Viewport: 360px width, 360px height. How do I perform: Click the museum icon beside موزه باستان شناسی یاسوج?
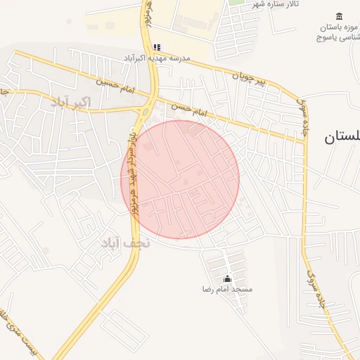pyautogui.click(x=340, y=17)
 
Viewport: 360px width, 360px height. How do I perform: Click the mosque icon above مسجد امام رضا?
pyautogui.click(x=227, y=279)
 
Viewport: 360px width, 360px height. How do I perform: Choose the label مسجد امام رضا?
pyautogui.click(x=227, y=290)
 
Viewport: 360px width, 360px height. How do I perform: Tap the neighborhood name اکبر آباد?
pyautogui.click(x=71, y=103)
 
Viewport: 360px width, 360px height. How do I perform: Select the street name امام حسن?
pyautogui.click(x=190, y=109)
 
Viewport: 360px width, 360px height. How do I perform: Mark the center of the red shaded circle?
pyautogui.click(x=181, y=179)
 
